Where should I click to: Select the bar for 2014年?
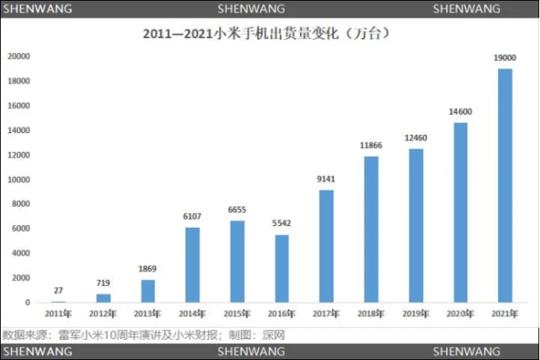click(x=192, y=265)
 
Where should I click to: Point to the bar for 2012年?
click(x=103, y=298)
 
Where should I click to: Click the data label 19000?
click(x=505, y=57)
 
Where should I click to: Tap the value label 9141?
click(x=326, y=179)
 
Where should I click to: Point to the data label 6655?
click(x=237, y=210)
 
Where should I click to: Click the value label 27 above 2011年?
click(x=58, y=290)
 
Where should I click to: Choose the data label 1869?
click(x=147, y=269)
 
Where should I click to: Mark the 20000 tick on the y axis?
click(x=19, y=56)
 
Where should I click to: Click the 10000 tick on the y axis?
click(x=19, y=180)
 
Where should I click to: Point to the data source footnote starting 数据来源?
click(x=144, y=334)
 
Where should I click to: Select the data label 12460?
click(x=415, y=138)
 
